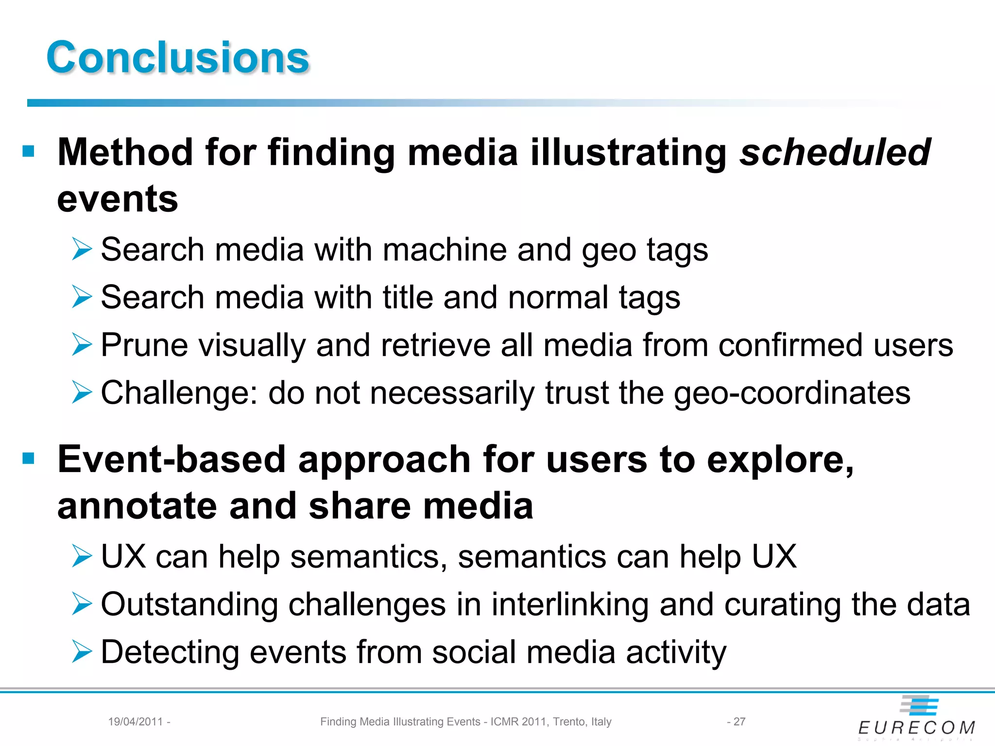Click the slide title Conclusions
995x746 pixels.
click(x=178, y=57)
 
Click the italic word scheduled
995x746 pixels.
click(x=834, y=153)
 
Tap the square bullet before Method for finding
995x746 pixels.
click(x=29, y=152)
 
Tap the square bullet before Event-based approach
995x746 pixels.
click(x=29, y=458)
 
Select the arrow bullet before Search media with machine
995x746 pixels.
click(x=82, y=249)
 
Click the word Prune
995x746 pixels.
click(x=144, y=345)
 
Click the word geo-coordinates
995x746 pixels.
click(x=792, y=393)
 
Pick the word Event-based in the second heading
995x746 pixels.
click(x=172, y=459)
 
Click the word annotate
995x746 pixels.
click(x=137, y=506)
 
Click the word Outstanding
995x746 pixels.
click(x=189, y=605)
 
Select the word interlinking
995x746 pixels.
click(x=569, y=605)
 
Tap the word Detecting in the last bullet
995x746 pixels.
click(x=170, y=652)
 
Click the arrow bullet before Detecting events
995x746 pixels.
click(x=82, y=651)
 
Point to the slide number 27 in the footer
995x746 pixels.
click(x=739, y=722)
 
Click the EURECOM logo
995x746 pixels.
click(x=916, y=717)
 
